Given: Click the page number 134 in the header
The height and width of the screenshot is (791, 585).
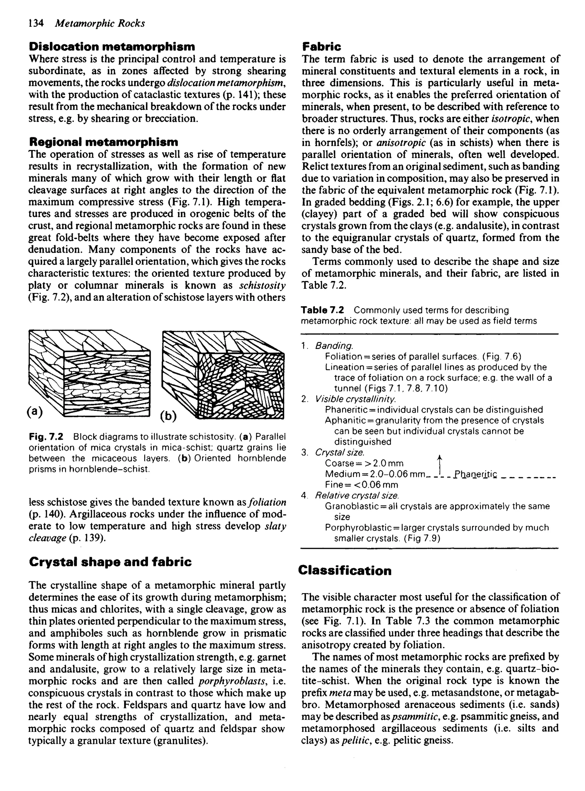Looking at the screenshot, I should pyautogui.click(x=36, y=23).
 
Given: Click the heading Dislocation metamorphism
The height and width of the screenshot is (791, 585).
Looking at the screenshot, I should pyautogui.click(x=112, y=46).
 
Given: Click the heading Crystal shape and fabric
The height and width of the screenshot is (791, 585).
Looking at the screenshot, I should pyautogui.click(x=110, y=562).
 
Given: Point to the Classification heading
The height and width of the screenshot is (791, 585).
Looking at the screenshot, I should pyautogui.click(x=344, y=570).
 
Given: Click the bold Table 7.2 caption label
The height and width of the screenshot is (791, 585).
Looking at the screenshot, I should pyautogui.click(x=322, y=310).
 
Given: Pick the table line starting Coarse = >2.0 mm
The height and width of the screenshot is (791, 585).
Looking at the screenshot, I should pyautogui.click(x=364, y=463).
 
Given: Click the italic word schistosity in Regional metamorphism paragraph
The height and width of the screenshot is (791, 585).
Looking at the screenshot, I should pyautogui.click(x=263, y=285).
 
